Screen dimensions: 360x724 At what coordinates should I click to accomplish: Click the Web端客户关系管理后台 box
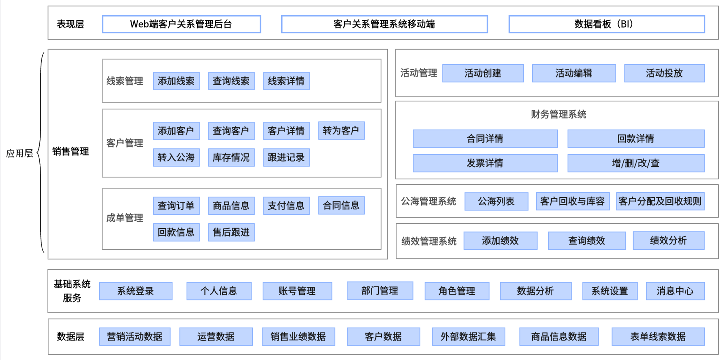(181, 24)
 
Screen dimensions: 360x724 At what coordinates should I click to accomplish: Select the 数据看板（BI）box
(606, 24)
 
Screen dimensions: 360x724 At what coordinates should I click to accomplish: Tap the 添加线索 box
(176, 81)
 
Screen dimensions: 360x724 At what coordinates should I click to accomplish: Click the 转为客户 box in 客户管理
(341, 130)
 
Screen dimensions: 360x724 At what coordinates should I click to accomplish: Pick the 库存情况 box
(231, 157)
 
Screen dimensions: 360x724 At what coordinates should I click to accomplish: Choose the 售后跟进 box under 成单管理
(231, 232)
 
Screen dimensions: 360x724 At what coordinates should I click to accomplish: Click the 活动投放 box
(664, 73)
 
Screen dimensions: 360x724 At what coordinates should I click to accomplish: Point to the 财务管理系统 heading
(558, 114)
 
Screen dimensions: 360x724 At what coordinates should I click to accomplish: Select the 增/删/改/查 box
(636, 163)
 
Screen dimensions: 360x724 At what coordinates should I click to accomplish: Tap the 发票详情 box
(485, 163)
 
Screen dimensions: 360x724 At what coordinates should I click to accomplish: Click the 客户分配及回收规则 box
(660, 201)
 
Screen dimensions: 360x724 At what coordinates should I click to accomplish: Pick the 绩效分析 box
(668, 241)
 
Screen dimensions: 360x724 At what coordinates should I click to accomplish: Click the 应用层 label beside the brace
(19, 153)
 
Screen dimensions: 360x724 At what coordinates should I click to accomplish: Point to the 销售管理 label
(71, 151)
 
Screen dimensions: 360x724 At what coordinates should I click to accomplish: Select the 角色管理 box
(457, 291)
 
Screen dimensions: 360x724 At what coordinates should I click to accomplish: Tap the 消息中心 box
(675, 291)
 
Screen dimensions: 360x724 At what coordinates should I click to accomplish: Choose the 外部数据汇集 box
(468, 337)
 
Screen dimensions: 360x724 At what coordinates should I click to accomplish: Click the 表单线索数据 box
(658, 337)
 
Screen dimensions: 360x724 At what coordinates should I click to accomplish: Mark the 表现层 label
(71, 24)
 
